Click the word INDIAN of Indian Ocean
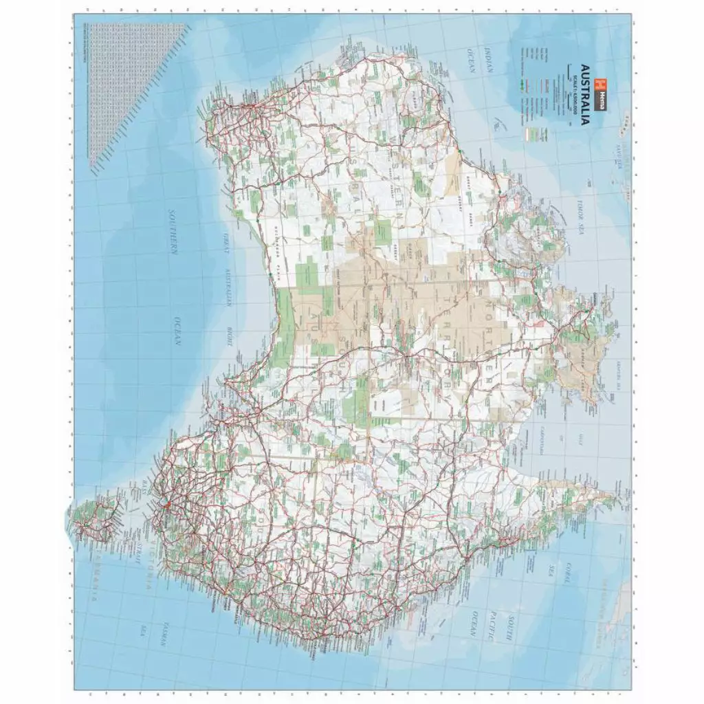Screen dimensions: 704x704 (x=489, y=60)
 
